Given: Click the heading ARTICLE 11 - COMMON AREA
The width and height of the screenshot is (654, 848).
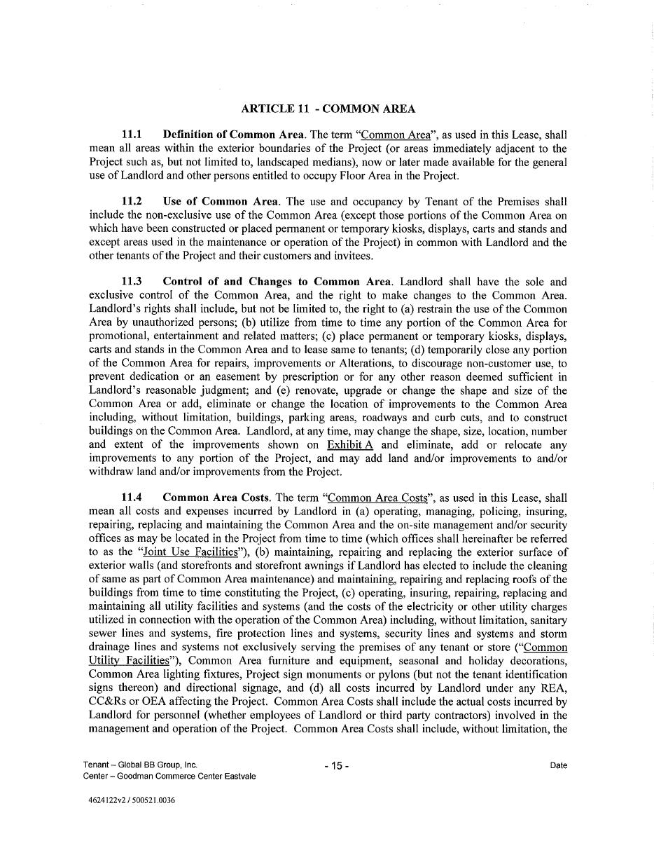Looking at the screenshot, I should click(x=328, y=109).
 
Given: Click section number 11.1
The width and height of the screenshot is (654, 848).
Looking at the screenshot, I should click(x=132, y=135).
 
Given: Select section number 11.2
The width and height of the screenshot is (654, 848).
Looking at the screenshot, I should click(x=132, y=202).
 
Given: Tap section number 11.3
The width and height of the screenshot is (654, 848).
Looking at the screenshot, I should click(x=132, y=282).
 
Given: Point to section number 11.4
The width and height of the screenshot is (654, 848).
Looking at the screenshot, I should click(x=132, y=498).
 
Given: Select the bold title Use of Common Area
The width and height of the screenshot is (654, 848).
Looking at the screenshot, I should click(x=220, y=202).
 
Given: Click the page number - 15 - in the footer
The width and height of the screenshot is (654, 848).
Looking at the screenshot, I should click(x=336, y=766).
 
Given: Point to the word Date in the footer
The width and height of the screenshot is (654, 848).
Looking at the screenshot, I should click(x=558, y=766).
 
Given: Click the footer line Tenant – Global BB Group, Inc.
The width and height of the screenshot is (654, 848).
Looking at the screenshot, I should click(x=140, y=765).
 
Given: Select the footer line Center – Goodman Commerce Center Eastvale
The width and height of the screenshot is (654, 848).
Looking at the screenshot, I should click(x=169, y=777).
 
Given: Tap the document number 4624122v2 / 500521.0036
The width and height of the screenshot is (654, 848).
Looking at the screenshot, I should click(x=128, y=801).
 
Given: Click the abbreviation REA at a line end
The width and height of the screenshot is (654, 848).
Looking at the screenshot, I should click(x=555, y=688).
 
